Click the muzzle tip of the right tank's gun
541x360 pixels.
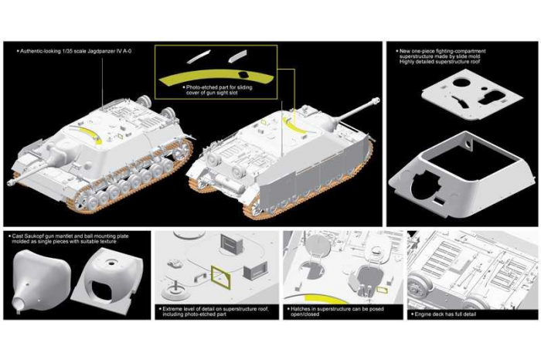[377, 100]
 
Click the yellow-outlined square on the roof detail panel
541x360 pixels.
[220, 273]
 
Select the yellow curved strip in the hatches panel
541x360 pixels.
[322, 297]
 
